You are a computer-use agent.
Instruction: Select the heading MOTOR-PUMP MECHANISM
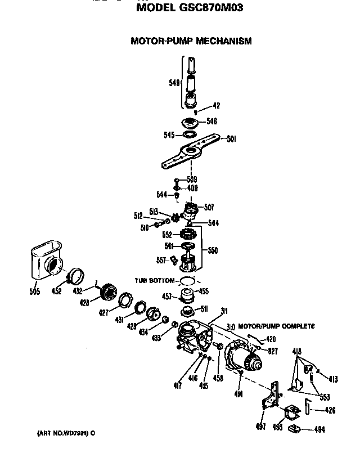click(191, 41)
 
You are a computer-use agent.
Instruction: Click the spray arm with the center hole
click(192, 150)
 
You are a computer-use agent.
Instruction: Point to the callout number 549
click(175, 83)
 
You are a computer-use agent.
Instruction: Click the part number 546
click(211, 121)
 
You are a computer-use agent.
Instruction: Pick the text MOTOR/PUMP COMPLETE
click(276, 326)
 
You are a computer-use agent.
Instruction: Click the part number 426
click(330, 410)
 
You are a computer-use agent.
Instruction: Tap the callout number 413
click(333, 379)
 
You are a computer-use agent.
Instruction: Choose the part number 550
click(213, 250)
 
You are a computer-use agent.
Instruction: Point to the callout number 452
click(56, 291)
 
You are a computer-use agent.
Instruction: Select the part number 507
click(208, 207)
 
